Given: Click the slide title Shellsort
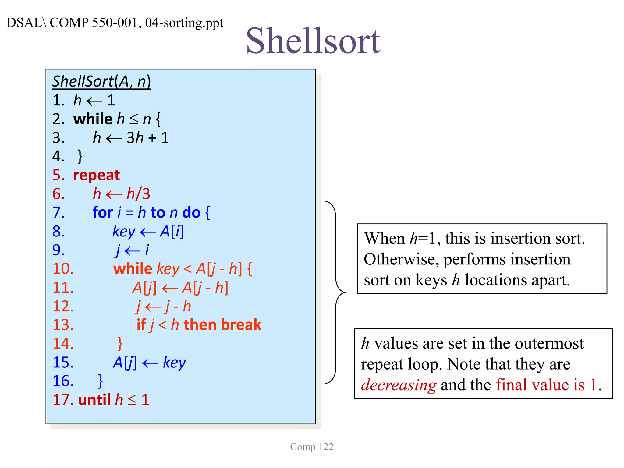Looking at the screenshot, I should (x=313, y=41).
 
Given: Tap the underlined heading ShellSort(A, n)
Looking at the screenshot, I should (x=101, y=81).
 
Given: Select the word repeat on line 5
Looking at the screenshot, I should (x=97, y=175).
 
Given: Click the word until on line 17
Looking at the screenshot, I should (x=94, y=400).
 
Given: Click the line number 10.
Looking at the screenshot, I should (x=63, y=269).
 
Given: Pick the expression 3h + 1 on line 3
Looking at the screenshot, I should (x=147, y=138).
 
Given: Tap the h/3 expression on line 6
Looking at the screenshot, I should (x=138, y=194).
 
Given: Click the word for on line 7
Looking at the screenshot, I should (x=103, y=213).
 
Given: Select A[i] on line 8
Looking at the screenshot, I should (x=172, y=232).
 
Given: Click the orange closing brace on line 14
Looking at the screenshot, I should (x=120, y=344).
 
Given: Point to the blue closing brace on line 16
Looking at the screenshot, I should (x=100, y=381).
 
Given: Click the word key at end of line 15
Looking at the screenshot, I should (x=174, y=363).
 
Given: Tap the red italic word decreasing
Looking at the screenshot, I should (x=399, y=385).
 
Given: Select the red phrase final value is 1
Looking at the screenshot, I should (x=546, y=385).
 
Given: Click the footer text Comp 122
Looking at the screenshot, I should (x=312, y=447).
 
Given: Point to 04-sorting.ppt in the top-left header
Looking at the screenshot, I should (x=184, y=23).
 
